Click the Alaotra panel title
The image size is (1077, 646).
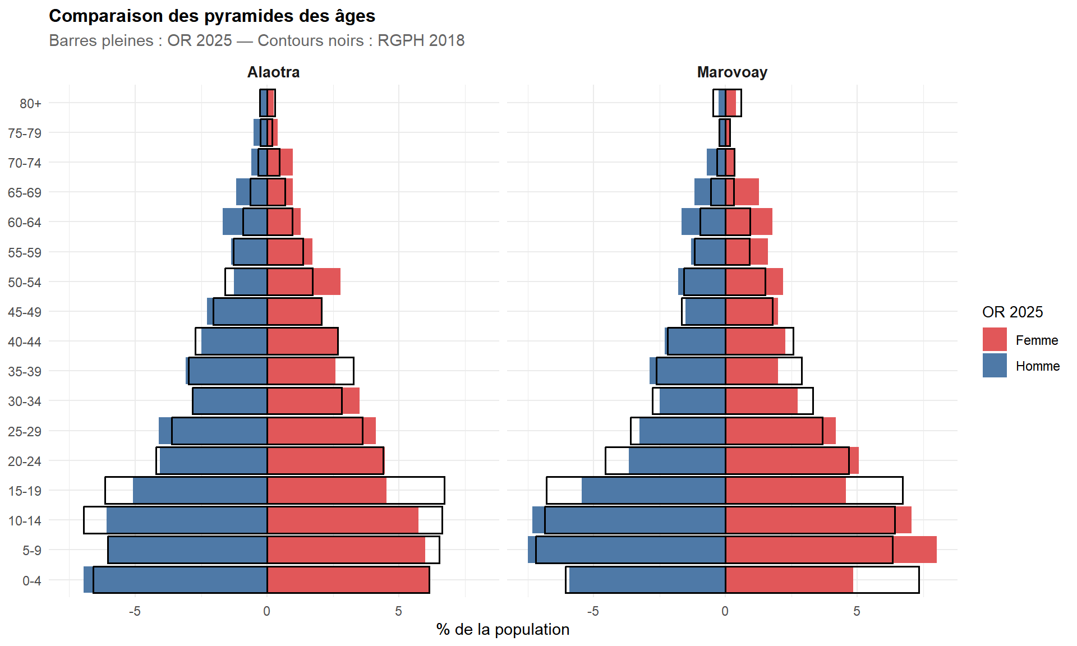click(273, 72)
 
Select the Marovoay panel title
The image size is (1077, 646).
click(732, 72)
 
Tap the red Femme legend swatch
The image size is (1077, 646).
click(994, 340)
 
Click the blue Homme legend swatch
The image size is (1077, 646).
click(994, 366)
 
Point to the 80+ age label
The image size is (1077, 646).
click(30, 104)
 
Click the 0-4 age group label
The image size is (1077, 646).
click(31, 580)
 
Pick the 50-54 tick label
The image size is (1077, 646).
click(25, 283)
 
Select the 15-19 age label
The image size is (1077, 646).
click(25, 491)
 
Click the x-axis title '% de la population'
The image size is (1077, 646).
click(503, 630)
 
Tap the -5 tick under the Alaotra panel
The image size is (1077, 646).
click(135, 611)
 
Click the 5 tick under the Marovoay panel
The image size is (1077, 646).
click(857, 611)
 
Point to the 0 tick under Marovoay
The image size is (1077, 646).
click(725, 611)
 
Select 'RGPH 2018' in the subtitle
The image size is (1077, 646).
click(421, 41)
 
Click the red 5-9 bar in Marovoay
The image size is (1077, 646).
click(830, 550)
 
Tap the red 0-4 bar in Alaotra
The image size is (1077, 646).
click(348, 579)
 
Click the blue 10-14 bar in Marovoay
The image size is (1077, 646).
click(629, 520)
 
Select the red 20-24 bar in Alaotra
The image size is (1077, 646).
click(325, 460)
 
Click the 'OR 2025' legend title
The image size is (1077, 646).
click(1012, 312)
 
